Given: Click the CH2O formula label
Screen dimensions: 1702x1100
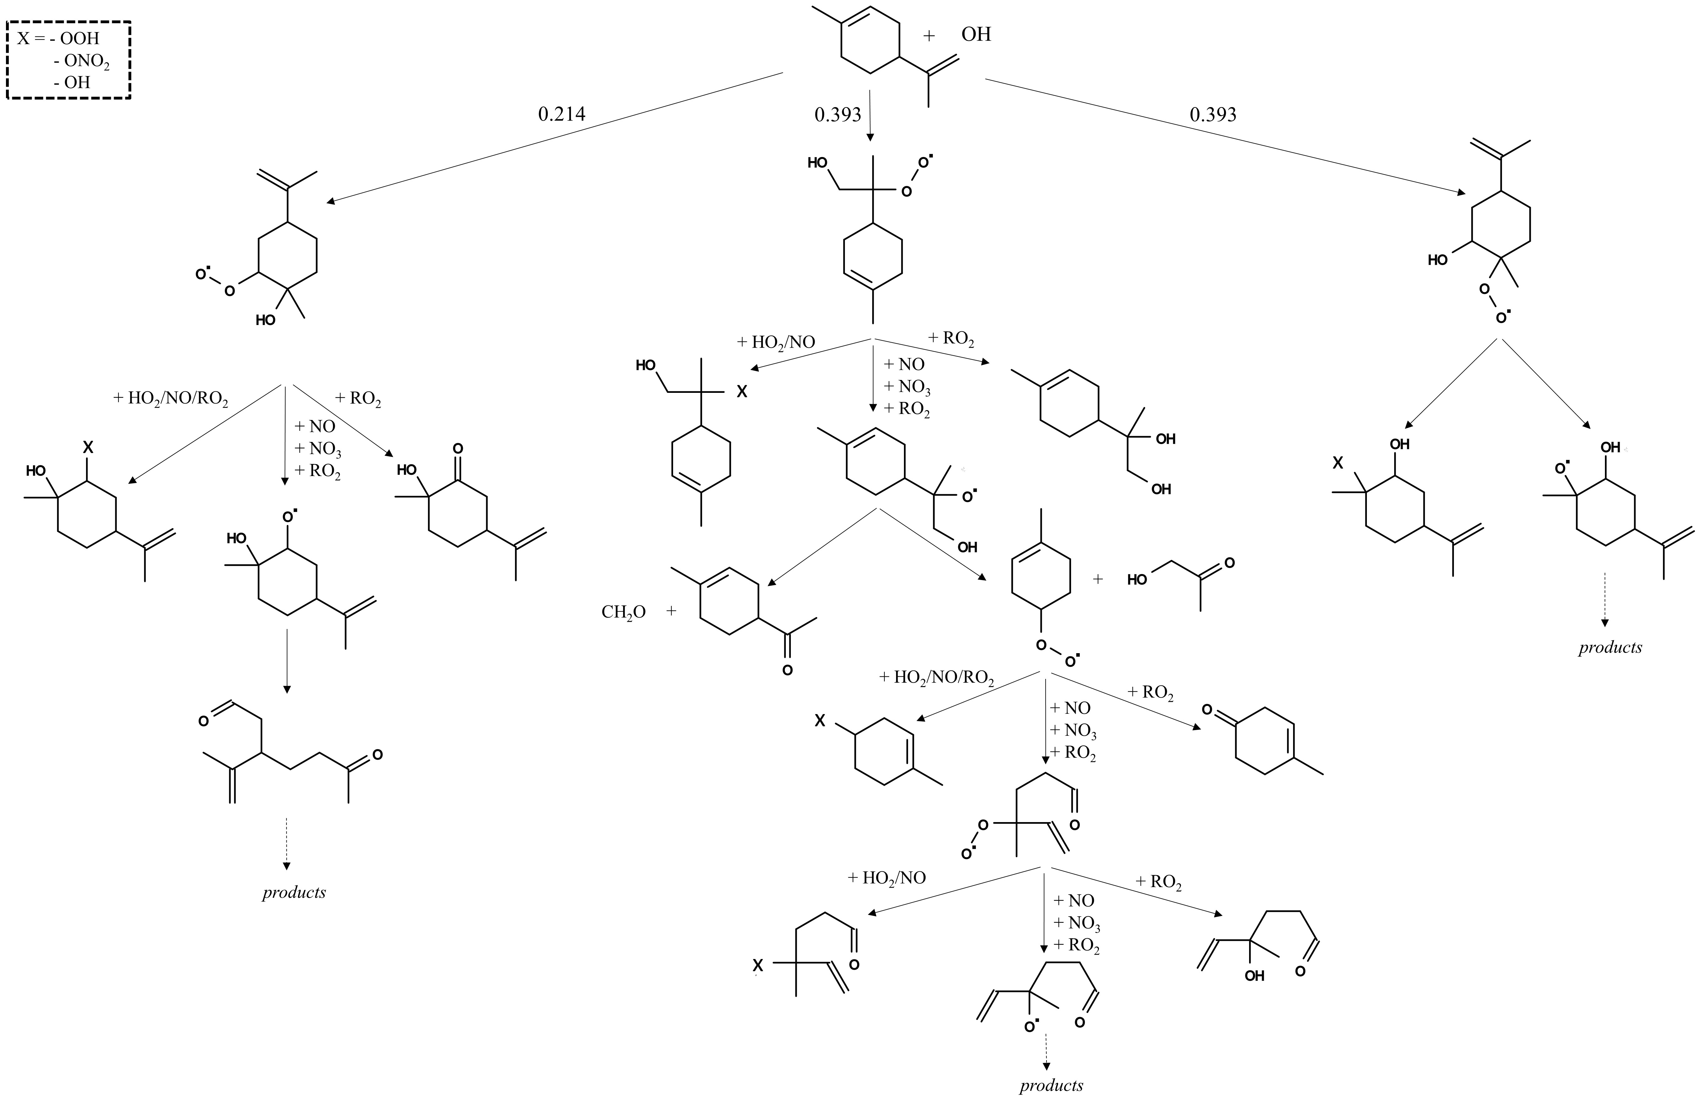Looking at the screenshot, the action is coord(623,612).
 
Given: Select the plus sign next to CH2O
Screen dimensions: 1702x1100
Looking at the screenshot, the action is coord(672,611).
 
